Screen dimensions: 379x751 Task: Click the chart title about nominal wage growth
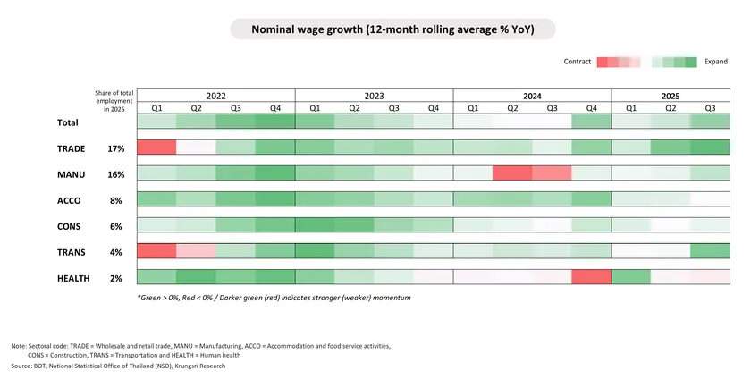[392, 29]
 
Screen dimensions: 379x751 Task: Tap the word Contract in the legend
[578, 62]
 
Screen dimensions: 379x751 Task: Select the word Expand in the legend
[715, 62]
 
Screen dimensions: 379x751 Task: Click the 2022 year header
[215, 96]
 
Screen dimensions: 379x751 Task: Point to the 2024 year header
[532, 96]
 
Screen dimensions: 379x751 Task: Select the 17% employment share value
[115, 148]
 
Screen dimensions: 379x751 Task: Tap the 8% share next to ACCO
[115, 200]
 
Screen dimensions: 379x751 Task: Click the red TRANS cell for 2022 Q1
[156, 252]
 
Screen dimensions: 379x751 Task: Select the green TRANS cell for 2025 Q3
[710, 252]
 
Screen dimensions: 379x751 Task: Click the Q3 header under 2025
[710, 108]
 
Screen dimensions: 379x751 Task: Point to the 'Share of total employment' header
[114, 101]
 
